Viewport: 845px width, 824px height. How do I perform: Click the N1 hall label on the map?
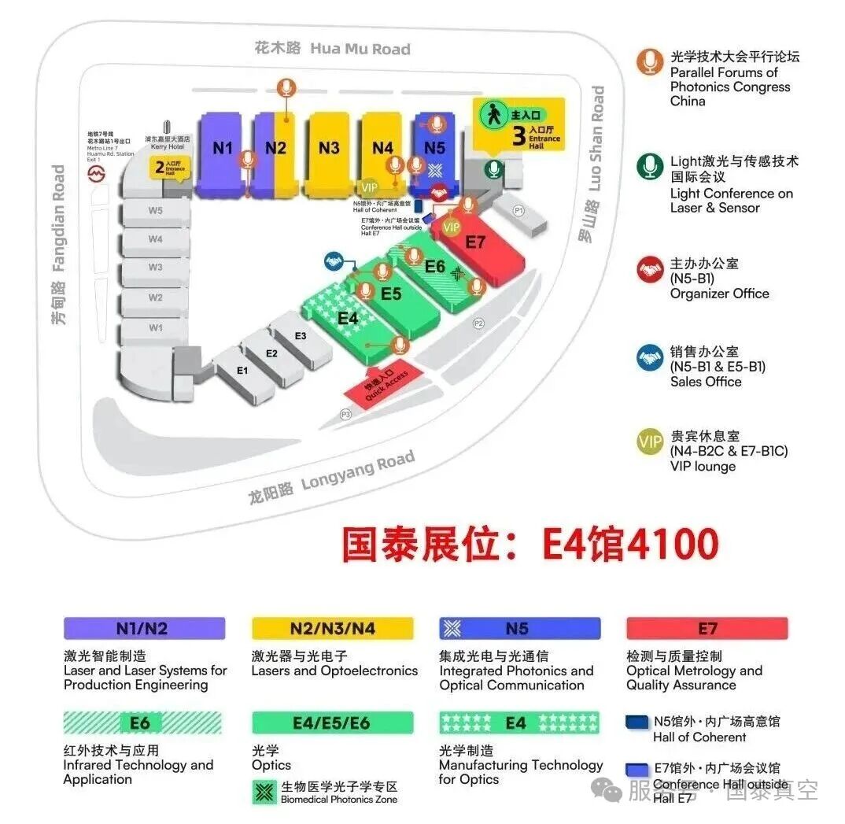tap(223, 147)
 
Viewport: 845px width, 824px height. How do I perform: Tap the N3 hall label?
tap(329, 147)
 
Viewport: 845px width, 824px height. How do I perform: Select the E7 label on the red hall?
tap(475, 242)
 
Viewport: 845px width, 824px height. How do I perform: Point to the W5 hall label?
tap(155, 210)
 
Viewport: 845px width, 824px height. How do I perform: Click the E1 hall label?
tap(242, 370)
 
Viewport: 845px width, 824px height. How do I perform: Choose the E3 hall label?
tap(300, 336)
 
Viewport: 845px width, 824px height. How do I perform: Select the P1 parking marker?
tap(518, 210)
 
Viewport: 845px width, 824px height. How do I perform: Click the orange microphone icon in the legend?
tap(649, 62)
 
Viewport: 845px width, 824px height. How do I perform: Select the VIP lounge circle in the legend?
tap(650, 442)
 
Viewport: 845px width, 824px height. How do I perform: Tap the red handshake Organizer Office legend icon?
tap(650, 270)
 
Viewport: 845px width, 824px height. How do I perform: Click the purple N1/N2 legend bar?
tap(144, 628)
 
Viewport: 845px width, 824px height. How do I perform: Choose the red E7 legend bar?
tap(707, 628)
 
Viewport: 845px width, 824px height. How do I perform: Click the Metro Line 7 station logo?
tap(96, 172)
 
